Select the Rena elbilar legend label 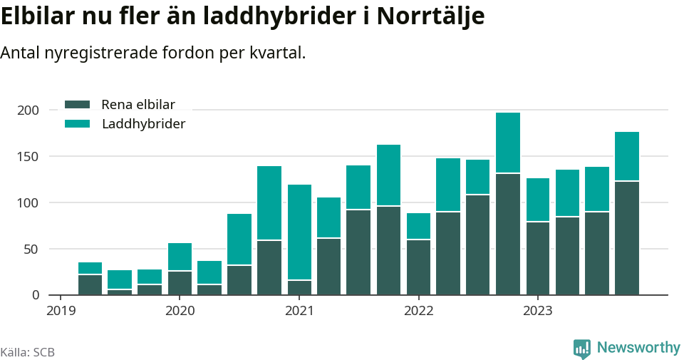click(138, 104)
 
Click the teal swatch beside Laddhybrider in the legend click(77, 124)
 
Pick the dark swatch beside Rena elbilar click(77, 104)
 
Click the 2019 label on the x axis click(61, 310)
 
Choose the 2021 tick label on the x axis click(299, 310)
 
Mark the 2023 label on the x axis click(538, 310)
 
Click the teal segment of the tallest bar click(508, 143)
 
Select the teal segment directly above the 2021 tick click(299, 232)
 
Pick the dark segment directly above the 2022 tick click(418, 267)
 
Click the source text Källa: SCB click(28, 352)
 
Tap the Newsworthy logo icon click(582, 349)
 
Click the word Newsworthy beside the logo click(638, 348)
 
